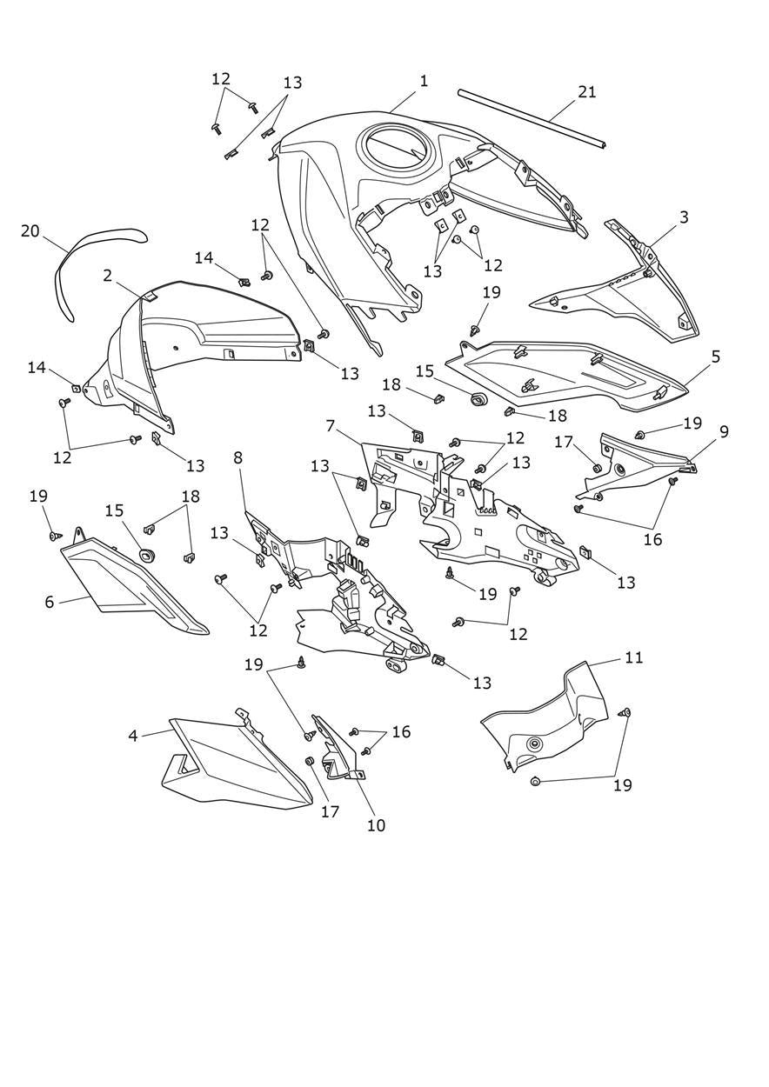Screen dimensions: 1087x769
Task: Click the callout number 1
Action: coord(424,81)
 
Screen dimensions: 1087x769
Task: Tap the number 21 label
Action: coord(587,91)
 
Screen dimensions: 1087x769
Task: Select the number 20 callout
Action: coord(30,231)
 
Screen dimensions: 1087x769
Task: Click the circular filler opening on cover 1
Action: coord(397,149)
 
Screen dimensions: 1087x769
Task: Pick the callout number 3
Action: coord(684,217)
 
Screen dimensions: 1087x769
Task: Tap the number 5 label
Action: coord(715,357)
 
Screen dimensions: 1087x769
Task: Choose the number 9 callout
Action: coord(724,431)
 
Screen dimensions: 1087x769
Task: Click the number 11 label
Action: coord(634,657)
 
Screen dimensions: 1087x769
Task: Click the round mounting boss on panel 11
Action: coord(533,744)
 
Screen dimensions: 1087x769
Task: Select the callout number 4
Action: coord(133,736)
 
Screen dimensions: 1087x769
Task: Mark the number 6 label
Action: coord(50,601)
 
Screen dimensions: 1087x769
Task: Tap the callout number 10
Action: coord(376,825)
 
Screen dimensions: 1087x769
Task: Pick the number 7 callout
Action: coord(330,426)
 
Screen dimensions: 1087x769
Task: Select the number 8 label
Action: coord(237,457)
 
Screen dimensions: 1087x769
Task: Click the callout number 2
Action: coord(107,276)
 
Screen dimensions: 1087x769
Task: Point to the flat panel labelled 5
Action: coord(565,374)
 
